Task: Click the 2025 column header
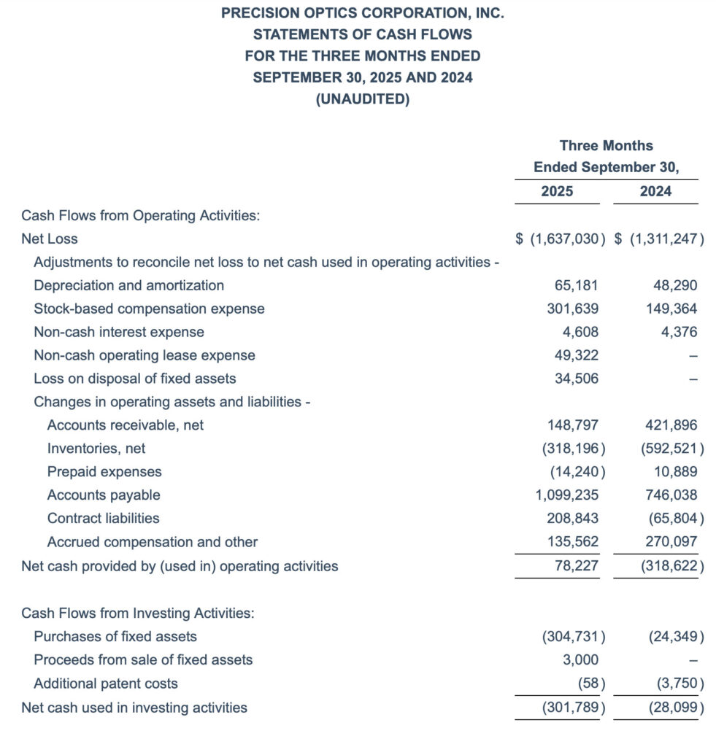(557, 192)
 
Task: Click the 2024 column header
(655, 192)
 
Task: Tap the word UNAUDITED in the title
(362, 99)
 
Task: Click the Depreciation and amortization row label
(128, 285)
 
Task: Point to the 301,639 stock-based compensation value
(572, 309)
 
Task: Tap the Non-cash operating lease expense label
(145, 355)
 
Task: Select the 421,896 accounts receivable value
(671, 425)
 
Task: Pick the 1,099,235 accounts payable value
(566, 495)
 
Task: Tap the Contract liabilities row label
(103, 518)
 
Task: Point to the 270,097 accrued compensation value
(671, 542)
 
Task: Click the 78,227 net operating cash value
(577, 565)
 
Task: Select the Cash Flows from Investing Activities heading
(138, 613)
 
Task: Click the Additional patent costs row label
(106, 684)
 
